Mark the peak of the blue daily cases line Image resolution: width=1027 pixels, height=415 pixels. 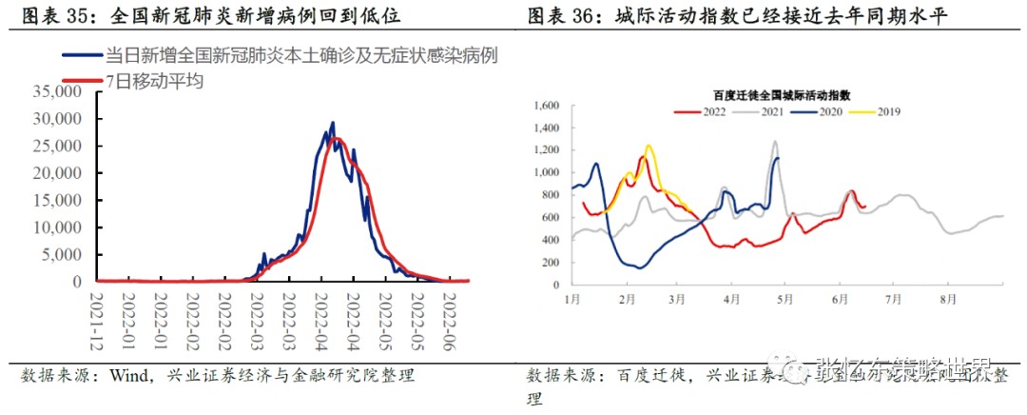click(x=333, y=123)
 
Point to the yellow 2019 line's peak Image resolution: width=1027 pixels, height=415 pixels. click(x=649, y=146)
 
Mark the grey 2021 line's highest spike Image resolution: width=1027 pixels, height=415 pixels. click(x=775, y=142)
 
